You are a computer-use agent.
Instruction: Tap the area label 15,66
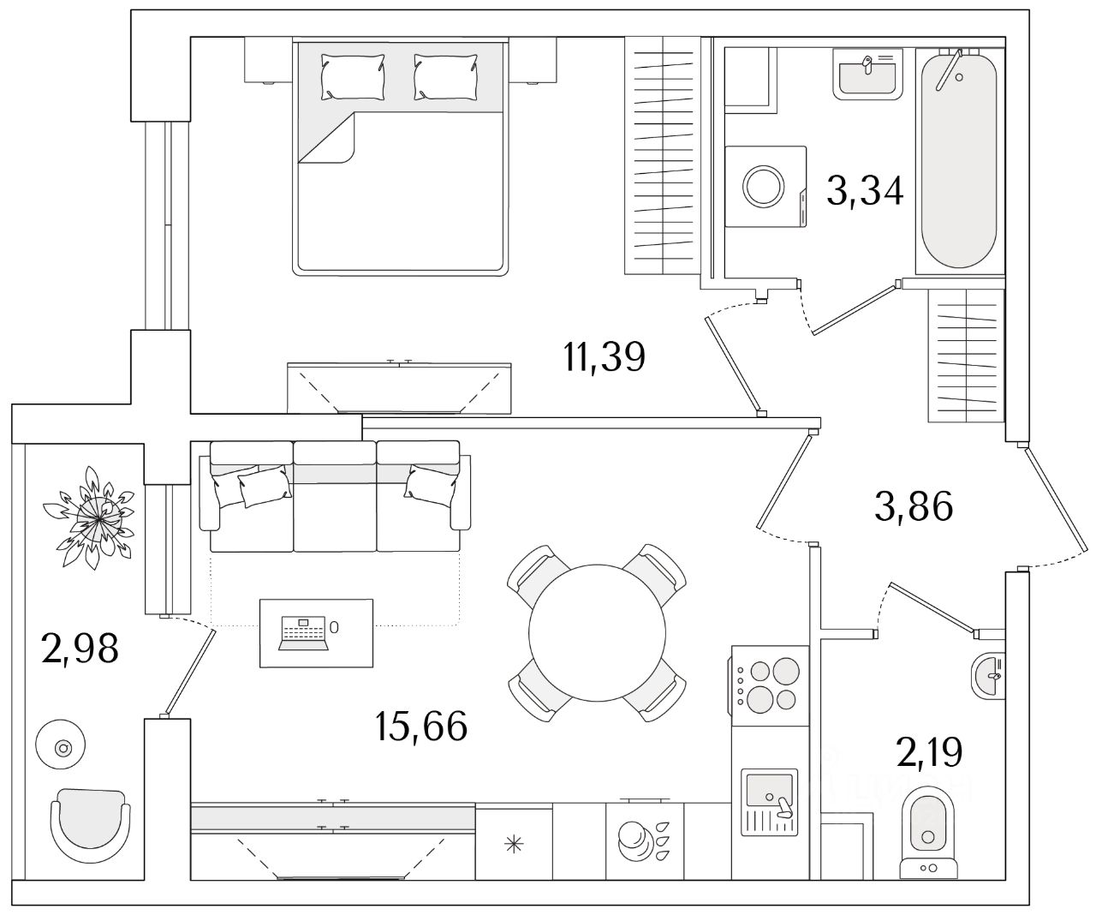pos(421,726)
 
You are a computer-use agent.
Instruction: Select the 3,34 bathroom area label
pos(865,191)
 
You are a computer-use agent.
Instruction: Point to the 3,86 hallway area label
pos(914,505)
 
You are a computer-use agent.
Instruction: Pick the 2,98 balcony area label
pos(80,649)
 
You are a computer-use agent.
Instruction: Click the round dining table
pos(597,632)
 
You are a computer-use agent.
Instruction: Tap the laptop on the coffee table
pos(304,633)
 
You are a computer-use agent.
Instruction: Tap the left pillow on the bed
pos(352,77)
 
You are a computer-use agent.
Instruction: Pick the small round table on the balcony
pos(60,745)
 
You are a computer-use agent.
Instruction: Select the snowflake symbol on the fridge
pos(514,845)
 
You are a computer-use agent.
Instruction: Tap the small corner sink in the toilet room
pos(988,676)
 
